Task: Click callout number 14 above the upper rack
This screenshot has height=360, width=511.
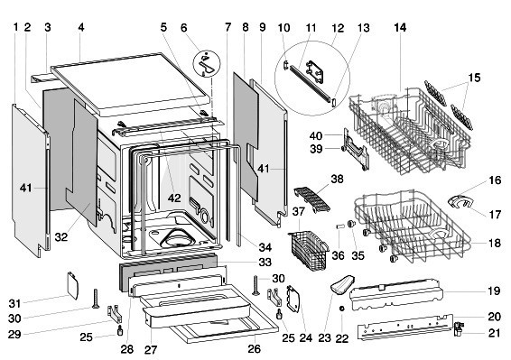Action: [399, 28]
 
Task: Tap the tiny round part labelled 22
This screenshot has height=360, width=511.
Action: [342, 309]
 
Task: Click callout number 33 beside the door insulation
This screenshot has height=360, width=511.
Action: [265, 262]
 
